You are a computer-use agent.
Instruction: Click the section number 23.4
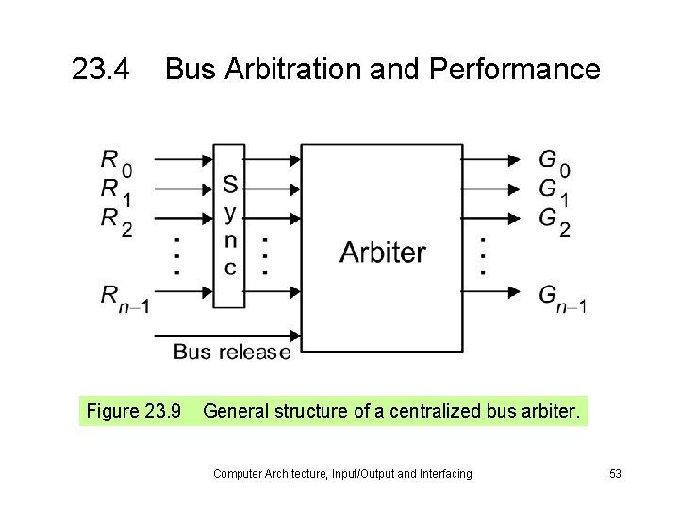tap(103, 69)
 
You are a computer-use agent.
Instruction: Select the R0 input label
tap(116, 162)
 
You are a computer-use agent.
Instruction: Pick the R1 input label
tap(116, 190)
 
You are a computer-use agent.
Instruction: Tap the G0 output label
tap(554, 162)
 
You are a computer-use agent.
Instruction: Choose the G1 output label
tap(554, 190)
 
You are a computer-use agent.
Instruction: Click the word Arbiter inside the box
tap(382, 253)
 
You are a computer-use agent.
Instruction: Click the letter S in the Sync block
tap(230, 183)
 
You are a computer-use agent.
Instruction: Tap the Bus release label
tap(231, 353)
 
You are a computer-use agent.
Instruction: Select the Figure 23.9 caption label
tap(133, 411)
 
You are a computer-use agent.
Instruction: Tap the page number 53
tap(615, 474)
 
